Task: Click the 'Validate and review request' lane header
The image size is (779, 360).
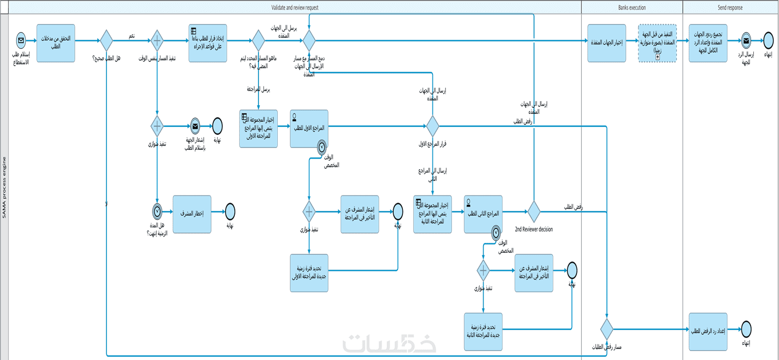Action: (295, 8)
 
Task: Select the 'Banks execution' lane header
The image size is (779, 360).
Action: (632, 8)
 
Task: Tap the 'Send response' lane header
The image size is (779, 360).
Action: (731, 8)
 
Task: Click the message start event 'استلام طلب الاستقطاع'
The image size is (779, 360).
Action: (21, 40)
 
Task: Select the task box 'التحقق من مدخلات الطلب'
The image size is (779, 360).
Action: (56, 43)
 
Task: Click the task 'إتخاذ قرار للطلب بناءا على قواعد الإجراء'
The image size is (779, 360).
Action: (207, 43)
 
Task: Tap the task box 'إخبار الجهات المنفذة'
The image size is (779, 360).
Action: (607, 43)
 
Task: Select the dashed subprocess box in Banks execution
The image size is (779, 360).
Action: (657, 43)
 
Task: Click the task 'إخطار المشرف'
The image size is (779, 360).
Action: (192, 214)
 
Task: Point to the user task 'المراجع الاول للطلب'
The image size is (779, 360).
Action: (309, 128)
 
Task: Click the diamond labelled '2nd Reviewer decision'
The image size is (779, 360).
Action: (533, 212)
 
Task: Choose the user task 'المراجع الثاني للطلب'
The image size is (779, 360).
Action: (483, 214)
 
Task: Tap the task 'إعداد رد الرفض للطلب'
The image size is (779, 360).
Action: (708, 332)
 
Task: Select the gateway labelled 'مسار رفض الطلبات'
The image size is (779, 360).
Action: (607, 329)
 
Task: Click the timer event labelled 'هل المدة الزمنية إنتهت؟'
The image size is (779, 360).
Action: (157, 211)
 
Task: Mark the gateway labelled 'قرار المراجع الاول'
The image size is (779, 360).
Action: (432, 126)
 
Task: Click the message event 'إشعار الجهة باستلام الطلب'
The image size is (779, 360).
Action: (194, 126)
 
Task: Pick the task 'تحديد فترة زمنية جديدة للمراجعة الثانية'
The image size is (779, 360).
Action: (483, 332)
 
